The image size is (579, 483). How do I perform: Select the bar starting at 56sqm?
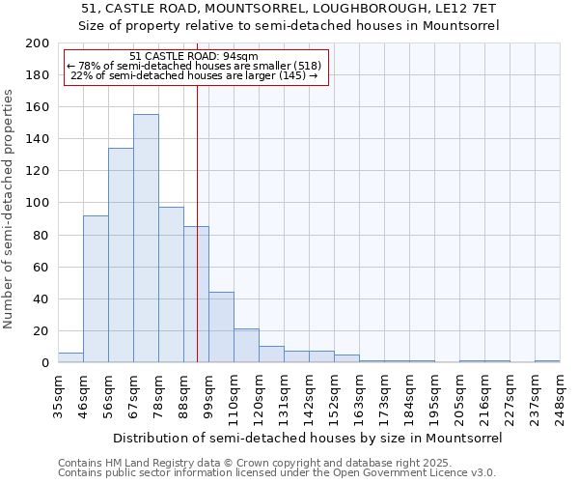pos(121,256)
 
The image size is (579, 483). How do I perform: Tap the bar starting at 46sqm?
pos(96,289)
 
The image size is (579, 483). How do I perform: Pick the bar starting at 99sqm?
pos(221,327)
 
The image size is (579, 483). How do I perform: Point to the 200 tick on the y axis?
pos(38,43)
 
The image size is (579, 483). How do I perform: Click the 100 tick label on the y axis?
pos(38,203)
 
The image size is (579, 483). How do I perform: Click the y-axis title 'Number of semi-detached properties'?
pos(10,209)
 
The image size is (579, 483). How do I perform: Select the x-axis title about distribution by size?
pos(307,438)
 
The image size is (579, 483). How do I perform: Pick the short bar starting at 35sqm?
pos(70,357)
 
